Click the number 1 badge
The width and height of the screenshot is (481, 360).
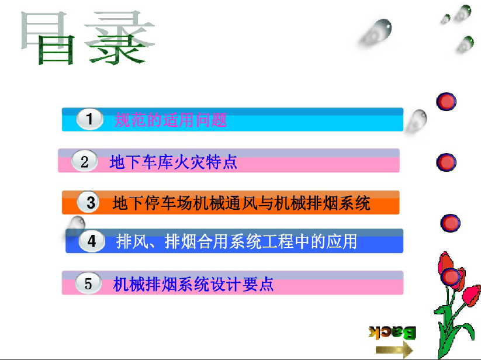pyautogui.click(x=89, y=119)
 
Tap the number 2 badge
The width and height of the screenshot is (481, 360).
pyautogui.click(x=85, y=161)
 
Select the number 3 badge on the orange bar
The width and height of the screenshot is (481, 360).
pyautogui.click(x=89, y=202)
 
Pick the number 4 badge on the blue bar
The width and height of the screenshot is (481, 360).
pyautogui.click(x=92, y=241)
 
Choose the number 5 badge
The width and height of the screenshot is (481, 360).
pyautogui.click(x=88, y=283)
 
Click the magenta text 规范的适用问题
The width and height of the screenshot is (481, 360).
pyautogui.click(x=171, y=120)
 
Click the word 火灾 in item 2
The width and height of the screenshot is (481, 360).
pyautogui.click(x=189, y=162)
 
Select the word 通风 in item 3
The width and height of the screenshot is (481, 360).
pyautogui.click(x=242, y=203)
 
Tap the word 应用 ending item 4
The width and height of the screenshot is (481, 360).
pyautogui.click(x=342, y=241)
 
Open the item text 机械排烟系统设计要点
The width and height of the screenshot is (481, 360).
pyautogui.click(x=193, y=284)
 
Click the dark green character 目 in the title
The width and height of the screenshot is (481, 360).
pyautogui.click(x=56, y=49)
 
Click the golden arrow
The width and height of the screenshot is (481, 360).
pyautogui.click(x=395, y=349)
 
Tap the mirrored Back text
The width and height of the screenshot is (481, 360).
pyautogui.click(x=392, y=333)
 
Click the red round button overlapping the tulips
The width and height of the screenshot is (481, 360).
pyautogui.click(x=450, y=276)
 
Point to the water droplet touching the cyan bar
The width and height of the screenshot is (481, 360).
pyautogui.click(x=416, y=121)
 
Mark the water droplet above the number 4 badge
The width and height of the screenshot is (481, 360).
pyautogui.click(x=75, y=226)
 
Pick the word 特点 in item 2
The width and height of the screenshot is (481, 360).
pyautogui.click(x=222, y=162)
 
